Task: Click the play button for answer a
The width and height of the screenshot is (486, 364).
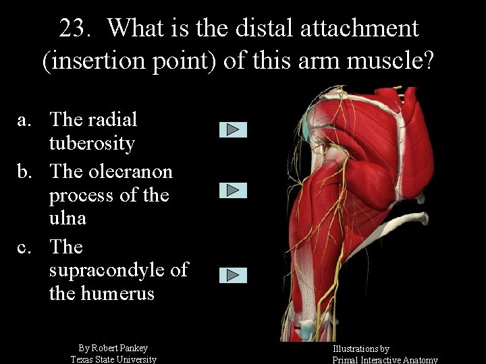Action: pyautogui.click(x=233, y=129)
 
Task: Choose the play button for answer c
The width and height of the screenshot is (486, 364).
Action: pyautogui.click(x=233, y=275)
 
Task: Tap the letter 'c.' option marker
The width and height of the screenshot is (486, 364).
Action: pyautogui.click(x=26, y=247)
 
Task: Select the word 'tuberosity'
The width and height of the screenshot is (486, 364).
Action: pyautogui.click(x=92, y=144)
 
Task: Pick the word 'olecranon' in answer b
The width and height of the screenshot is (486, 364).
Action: pyautogui.click(x=130, y=172)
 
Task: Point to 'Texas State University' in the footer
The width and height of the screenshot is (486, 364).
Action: pyautogui.click(x=113, y=359)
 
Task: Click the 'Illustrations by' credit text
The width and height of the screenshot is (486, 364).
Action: pyautogui.click(x=360, y=348)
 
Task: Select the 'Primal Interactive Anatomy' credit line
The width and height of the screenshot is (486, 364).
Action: pyautogui.click(x=385, y=360)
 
